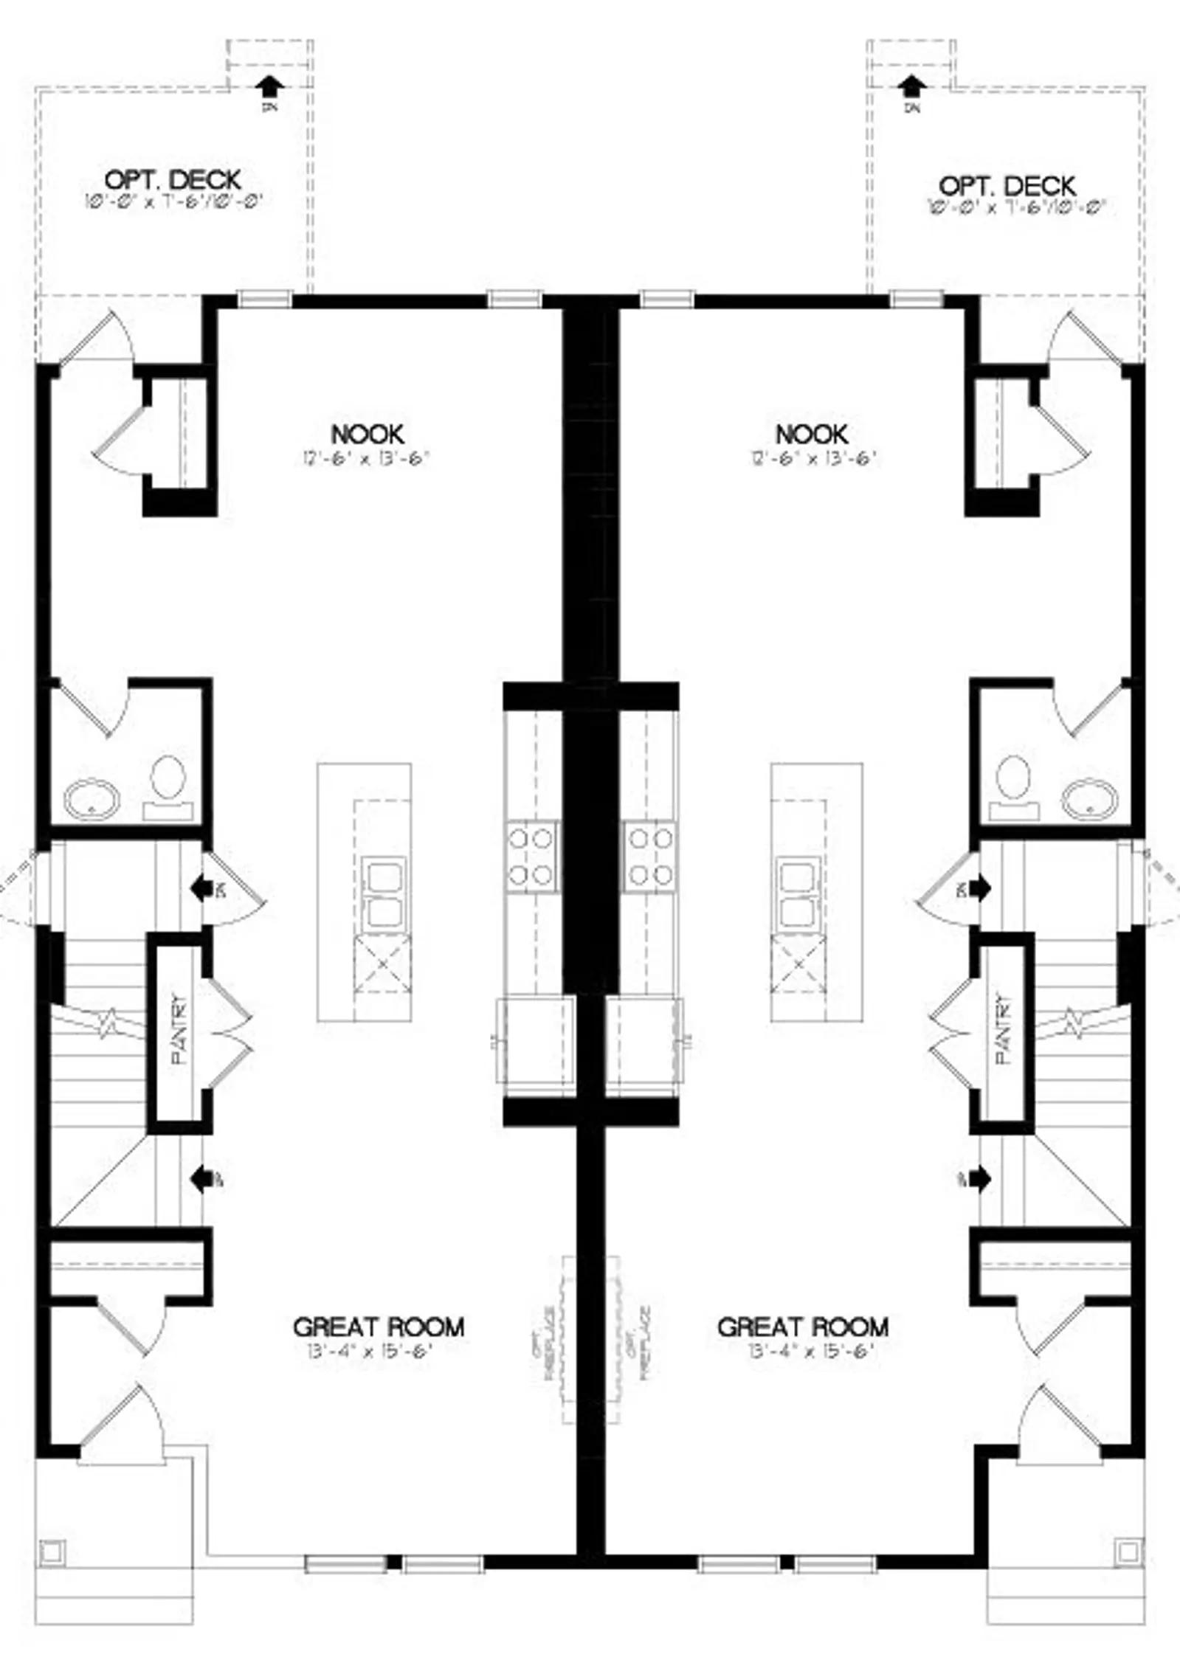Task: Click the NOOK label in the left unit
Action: (367, 433)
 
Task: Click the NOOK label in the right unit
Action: (811, 433)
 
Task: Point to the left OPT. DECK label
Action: (173, 179)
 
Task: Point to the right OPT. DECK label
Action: (1007, 185)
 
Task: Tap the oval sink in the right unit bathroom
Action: (1089, 798)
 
